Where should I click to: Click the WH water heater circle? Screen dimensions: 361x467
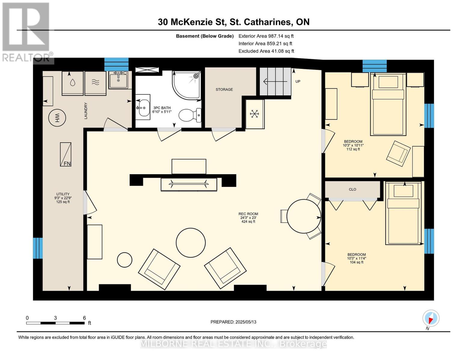[x=57, y=118]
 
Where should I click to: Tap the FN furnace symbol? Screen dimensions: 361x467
[x=66, y=154]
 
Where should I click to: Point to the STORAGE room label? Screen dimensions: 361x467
[x=224, y=89]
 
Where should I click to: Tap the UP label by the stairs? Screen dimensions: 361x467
[x=298, y=81]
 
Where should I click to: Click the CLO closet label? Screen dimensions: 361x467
[x=352, y=189]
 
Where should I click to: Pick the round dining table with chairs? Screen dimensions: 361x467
[x=303, y=216]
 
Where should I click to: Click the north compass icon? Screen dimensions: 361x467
[x=431, y=318]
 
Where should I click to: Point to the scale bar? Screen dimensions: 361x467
[x=55, y=323]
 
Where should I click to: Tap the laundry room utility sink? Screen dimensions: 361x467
[x=118, y=80]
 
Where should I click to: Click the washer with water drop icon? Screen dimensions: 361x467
[x=72, y=83]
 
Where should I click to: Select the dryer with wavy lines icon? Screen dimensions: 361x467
[x=95, y=83]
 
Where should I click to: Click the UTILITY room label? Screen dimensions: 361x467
[x=63, y=194]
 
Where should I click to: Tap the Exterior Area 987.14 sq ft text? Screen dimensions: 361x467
[x=266, y=36]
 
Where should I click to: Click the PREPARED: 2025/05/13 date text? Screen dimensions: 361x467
[x=233, y=322]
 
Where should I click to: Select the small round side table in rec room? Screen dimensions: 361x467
[x=124, y=260]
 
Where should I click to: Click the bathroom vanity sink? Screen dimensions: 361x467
[x=143, y=107]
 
